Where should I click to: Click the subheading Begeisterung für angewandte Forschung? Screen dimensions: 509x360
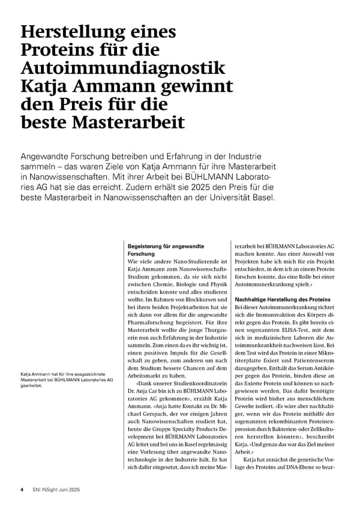point(166,250)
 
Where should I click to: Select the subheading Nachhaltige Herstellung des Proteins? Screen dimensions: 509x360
point(282,299)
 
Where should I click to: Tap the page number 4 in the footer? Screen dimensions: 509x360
point(22,489)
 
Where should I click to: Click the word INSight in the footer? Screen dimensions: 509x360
point(50,489)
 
